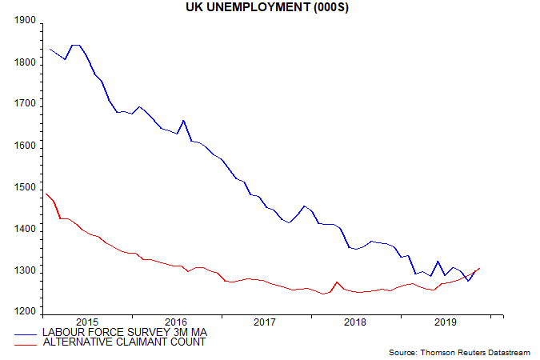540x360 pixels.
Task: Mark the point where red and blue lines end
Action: click(479, 268)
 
